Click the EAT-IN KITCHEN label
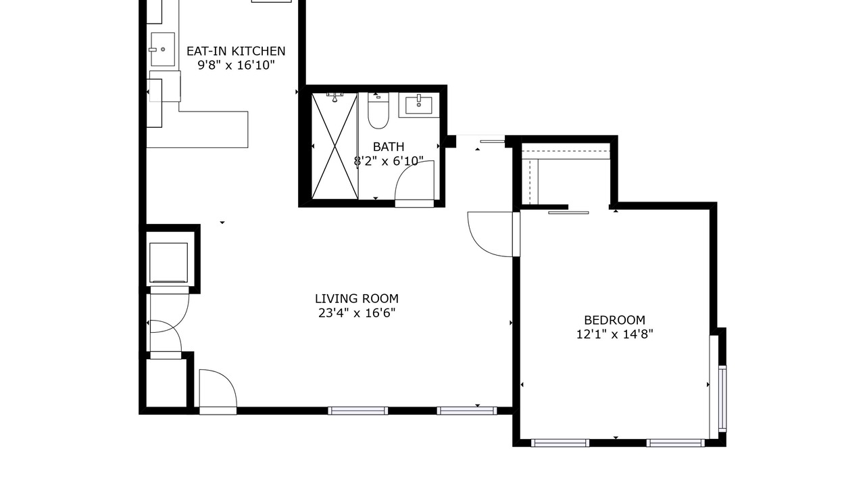[x=236, y=51]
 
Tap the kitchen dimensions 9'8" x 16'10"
[x=236, y=65]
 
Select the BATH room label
[x=389, y=147]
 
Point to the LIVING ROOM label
[x=357, y=299]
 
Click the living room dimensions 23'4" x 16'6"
[x=357, y=312]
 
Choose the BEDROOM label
[x=614, y=320]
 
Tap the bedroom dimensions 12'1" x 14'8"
[x=614, y=334]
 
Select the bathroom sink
[x=419, y=105]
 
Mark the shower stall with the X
[x=335, y=145]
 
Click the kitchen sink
[x=163, y=49]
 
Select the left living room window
[x=357, y=411]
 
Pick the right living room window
[x=466, y=411]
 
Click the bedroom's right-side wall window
[x=722, y=398]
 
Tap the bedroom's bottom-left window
[x=560, y=443]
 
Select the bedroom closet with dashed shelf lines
[x=566, y=174]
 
